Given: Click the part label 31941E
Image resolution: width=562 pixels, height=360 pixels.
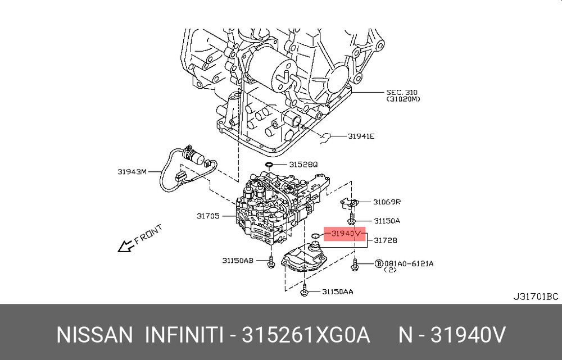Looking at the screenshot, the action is pyautogui.click(x=361, y=136).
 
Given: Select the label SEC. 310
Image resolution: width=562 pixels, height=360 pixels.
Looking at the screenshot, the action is pyautogui.click(x=402, y=93).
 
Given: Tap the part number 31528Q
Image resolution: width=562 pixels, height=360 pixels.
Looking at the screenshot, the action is pyautogui.click(x=303, y=165).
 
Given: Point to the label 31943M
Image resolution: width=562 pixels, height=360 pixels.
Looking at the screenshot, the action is pyautogui.click(x=132, y=172).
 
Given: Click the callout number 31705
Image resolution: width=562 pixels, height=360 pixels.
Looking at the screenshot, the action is pyautogui.click(x=208, y=216).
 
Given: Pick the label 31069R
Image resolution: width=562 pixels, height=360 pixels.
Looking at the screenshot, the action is pyautogui.click(x=387, y=202).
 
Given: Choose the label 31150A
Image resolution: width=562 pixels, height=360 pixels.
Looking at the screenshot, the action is pyautogui.click(x=387, y=221).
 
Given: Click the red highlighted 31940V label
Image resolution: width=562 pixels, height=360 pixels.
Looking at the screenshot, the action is pyautogui.click(x=346, y=234).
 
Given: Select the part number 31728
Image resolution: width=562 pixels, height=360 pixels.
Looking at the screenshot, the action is pyautogui.click(x=386, y=240).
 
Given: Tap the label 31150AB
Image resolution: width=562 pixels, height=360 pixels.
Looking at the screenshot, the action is pyautogui.click(x=238, y=261).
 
